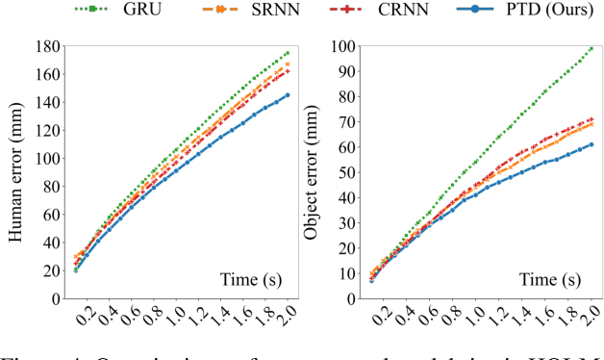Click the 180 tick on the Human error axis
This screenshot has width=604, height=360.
tap(50, 45)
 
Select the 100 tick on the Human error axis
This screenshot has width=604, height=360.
tap(50, 158)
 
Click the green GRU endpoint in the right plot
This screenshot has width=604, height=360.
tap(591, 48)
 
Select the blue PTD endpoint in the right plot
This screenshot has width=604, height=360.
tap(591, 144)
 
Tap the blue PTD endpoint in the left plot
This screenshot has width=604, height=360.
tap(287, 94)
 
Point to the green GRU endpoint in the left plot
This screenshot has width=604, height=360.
tap(287, 53)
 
